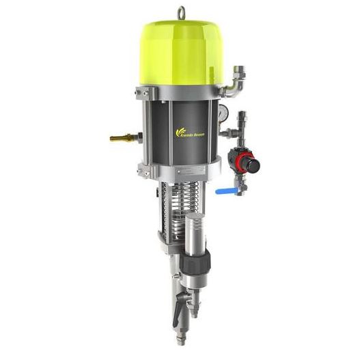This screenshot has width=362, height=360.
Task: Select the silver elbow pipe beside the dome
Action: tap(235, 85)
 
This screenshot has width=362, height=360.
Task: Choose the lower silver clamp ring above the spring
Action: tap(180, 167)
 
